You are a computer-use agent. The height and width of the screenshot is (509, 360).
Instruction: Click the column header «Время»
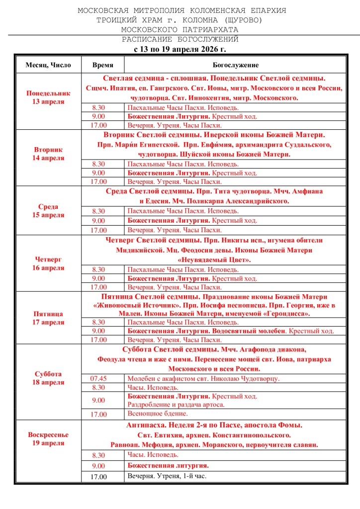click(103, 65)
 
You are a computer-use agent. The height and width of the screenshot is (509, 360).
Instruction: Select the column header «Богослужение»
click(235, 65)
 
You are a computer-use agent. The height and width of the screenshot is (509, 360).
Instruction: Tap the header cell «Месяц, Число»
click(48, 65)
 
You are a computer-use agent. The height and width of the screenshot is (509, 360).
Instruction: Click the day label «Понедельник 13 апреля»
click(48, 97)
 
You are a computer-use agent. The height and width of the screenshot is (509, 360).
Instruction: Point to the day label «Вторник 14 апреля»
click(48, 154)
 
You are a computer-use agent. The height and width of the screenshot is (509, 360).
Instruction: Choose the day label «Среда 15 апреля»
click(48, 211)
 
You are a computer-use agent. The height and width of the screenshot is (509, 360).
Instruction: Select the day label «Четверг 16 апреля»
click(48, 263)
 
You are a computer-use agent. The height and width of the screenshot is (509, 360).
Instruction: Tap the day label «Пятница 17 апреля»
click(48, 318)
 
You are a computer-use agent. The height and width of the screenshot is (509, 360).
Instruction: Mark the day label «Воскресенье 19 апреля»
click(48, 438)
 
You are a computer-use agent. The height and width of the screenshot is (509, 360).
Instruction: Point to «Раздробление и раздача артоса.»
click(176, 405)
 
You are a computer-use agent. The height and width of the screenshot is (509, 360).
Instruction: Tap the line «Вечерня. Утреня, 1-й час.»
click(167, 476)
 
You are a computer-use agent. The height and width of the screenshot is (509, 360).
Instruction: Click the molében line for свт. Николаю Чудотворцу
click(203, 379)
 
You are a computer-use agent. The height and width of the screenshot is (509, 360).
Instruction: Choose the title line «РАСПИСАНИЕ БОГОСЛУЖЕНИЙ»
click(180, 39)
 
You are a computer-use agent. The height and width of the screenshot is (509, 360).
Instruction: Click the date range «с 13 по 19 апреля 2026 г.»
click(180, 49)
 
